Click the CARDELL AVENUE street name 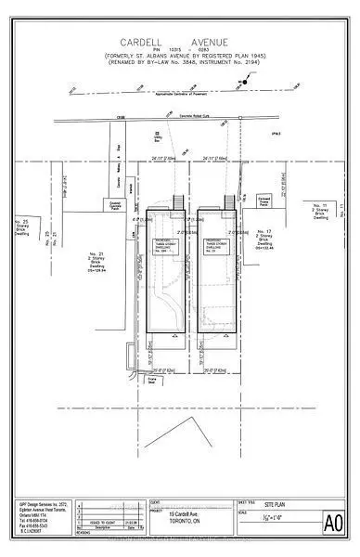coord(180,42)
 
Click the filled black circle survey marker coord(245,83)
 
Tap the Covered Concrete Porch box coord(115,202)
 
